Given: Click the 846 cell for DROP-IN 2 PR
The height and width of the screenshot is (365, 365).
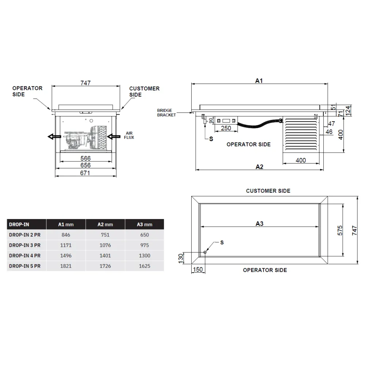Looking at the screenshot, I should click(x=66, y=235).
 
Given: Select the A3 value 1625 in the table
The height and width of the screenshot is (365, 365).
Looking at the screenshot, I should click(x=145, y=266).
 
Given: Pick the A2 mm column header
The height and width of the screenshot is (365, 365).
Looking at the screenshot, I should click(x=105, y=224).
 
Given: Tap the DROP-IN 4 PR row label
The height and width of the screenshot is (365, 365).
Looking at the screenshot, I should click(x=24, y=256).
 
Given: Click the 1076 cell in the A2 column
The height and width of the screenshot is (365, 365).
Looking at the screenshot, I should click(x=105, y=246).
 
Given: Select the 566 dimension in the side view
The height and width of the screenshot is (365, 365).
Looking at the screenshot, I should click(x=85, y=158).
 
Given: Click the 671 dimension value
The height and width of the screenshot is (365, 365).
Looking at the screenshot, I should click(x=85, y=173).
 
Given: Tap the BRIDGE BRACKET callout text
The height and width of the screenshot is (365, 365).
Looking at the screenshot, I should click(x=166, y=113).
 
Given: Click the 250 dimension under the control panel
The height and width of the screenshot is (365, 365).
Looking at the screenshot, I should click(x=226, y=128).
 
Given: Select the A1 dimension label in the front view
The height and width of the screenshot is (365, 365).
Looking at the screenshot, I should click(x=259, y=81).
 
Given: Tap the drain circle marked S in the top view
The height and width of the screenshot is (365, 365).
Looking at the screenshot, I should click(x=205, y=252).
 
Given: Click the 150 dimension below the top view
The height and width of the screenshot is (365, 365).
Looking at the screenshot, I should click(x=197, y=269).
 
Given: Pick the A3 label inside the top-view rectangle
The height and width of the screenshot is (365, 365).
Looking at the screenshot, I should click(x=259, y=223).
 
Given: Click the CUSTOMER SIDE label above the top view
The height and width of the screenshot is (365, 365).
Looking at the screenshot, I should click(x=268, y=191).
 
